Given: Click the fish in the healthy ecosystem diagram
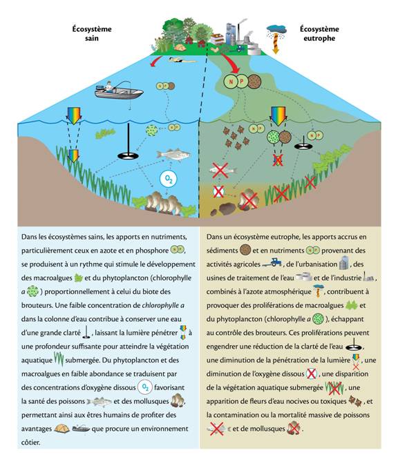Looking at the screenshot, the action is pos(173,155).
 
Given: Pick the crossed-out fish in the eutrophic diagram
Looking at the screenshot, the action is pos(221,169).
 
